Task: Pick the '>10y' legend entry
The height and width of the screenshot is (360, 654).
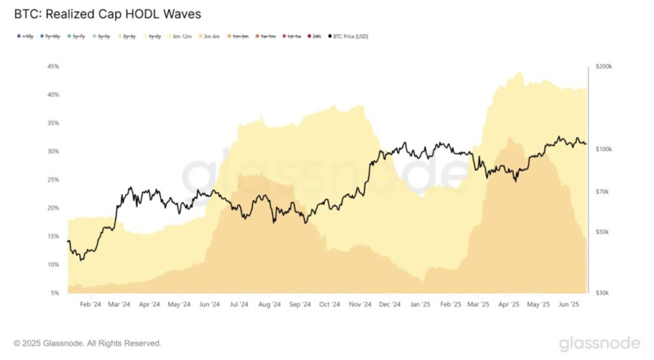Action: [25, 36]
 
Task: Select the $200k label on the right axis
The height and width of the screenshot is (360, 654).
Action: [604, 66]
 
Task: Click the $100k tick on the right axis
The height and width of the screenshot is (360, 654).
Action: [604, 149]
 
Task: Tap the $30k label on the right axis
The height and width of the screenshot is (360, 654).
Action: [602, 293]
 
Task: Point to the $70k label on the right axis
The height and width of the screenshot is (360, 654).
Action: [602, 191]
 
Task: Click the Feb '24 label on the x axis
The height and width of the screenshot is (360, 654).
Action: [90, 304]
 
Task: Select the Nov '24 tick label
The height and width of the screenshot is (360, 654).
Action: [361, 304]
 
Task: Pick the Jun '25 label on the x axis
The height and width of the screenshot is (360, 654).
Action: [569, 304]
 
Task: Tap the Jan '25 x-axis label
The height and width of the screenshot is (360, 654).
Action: [420, 304]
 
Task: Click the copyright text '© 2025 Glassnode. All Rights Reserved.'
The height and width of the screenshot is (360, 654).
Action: [87, 343]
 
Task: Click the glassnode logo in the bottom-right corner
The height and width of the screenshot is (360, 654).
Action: [599, 343]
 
